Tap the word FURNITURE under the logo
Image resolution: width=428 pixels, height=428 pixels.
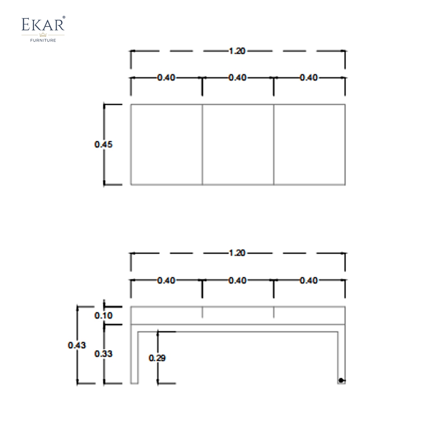coord(43,40)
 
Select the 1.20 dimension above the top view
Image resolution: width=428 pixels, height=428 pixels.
coord(237,51)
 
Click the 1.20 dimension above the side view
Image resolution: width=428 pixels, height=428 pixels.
coord(237,253)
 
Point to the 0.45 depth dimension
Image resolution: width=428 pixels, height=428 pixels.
coord(103,144)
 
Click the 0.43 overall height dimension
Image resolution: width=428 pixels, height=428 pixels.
coord(77,345)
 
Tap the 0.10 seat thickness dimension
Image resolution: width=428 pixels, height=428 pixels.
coord(103,315)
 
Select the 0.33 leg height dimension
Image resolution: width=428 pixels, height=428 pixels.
coord(103,354)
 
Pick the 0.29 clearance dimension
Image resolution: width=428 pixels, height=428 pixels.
coord(157,358)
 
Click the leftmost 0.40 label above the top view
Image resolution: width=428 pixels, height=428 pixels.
coord(166,78)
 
